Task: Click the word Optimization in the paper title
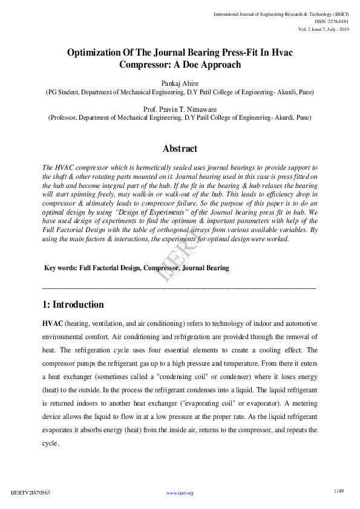point(99,53)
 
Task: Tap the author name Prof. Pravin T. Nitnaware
point(180,109)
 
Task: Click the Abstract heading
point(180,149)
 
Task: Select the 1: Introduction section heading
point(73,305)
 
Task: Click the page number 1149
point(339,490)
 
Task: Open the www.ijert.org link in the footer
point(180,493)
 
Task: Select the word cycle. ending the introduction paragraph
point(51,443)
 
